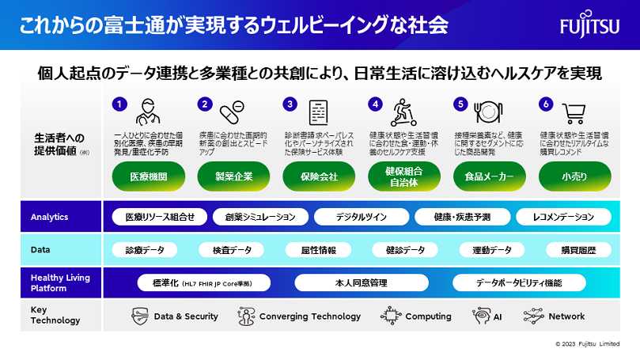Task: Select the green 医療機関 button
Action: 149,176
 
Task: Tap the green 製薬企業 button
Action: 233,176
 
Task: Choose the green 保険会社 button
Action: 319,176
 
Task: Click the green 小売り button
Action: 574,176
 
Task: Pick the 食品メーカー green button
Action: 489,176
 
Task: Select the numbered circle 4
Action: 376,104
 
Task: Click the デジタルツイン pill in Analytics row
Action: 360,217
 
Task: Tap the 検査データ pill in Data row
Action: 232,250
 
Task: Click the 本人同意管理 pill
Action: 361,282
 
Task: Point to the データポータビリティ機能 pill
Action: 519,282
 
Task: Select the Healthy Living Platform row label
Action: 60,282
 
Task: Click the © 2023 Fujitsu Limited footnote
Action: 595,343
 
